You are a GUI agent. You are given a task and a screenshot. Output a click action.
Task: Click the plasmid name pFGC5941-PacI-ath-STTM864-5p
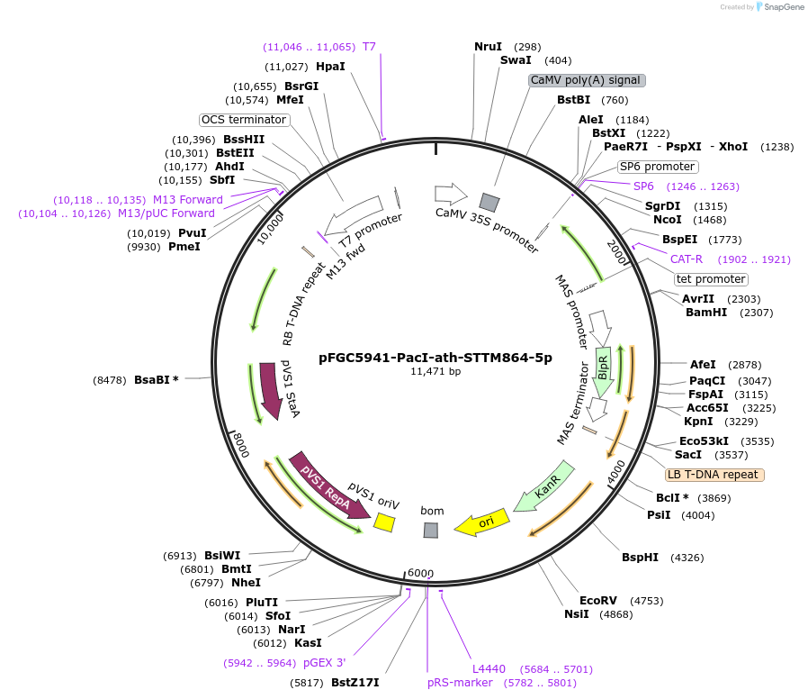pyautogui.click(x=435, y=357)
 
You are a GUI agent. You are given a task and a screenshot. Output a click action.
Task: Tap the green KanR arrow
pyautogui.click(x=543, y=490)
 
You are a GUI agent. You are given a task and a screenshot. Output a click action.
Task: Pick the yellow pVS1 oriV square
pyautogui.click(x=384, y=522)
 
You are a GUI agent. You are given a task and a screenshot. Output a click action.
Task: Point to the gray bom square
pyautogui.click(x=431, y=531)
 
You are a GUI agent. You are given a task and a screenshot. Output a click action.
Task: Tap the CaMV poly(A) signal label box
pyautogui.click(x=587, y=80)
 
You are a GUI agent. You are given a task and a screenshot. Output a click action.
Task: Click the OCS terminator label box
pyautogui.click(x=243, y=120)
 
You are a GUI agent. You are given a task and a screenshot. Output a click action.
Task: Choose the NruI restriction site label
pyautogui.click(x=489, y=47)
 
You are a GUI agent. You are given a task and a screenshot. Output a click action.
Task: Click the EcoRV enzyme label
pyautogui.click(x=598, y=600)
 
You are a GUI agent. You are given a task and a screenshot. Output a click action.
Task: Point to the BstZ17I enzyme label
pyautogui.click(x=355, y=682)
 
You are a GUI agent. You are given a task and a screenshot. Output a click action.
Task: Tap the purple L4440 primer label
pyautogui.click(x=489, y=669)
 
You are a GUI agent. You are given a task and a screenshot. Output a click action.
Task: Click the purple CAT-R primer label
pyautogui.click(x=687, y=259)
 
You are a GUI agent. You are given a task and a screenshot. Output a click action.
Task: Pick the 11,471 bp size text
pyautogui.click(x=435, y=371)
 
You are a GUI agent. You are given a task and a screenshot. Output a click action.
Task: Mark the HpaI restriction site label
pyautogui.click(x=330, y=67)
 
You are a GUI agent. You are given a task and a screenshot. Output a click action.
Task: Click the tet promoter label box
pyautogui.click(x=711, y=279)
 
